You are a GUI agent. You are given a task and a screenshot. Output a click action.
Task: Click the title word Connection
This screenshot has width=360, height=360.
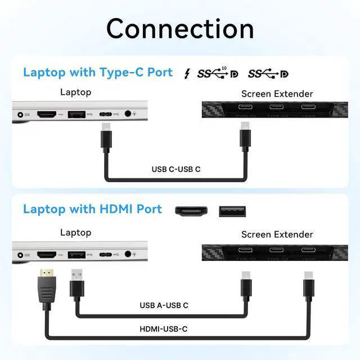180,28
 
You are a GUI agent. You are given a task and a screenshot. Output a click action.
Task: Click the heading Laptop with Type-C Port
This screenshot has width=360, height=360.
98,73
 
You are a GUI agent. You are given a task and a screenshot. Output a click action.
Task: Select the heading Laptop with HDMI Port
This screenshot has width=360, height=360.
92,209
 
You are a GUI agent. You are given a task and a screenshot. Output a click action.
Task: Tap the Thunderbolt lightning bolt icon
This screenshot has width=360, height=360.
187,74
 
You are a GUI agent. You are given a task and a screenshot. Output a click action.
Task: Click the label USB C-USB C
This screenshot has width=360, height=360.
176,169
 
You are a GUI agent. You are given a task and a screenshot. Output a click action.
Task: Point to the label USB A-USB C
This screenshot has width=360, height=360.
164,305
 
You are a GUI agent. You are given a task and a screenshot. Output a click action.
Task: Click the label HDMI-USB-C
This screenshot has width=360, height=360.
164,329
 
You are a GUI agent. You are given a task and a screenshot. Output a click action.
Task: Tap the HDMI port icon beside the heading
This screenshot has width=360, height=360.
190,211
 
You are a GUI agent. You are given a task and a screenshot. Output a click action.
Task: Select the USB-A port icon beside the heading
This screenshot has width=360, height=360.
232,211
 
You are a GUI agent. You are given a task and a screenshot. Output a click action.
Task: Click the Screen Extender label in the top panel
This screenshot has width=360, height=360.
277,94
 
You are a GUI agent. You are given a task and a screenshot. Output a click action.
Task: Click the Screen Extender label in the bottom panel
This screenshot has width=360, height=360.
277,235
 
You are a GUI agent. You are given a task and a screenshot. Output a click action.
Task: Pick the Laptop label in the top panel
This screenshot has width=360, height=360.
75,92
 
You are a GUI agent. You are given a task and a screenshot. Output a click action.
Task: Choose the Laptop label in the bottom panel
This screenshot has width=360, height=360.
75,232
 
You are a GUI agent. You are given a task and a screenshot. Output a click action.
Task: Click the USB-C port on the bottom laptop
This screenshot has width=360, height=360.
106,254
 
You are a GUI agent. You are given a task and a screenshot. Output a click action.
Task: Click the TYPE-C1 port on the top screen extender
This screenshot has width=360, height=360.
246,108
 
